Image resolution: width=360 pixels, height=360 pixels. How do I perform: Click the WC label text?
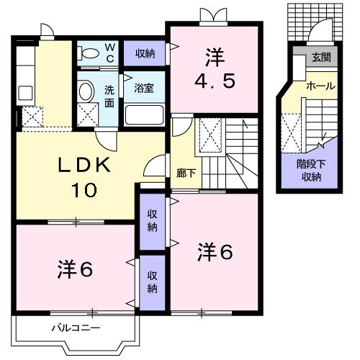coord(111,52)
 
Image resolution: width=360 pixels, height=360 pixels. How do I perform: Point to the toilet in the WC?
coord(89,53)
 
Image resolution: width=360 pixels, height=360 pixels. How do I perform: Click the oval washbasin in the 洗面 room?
coord(86,91)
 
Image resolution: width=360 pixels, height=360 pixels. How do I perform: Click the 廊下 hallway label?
coord(184,173)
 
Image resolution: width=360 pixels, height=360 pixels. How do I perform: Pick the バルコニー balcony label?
coord(75,328)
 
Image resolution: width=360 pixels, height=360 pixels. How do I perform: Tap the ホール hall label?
coord(320,86)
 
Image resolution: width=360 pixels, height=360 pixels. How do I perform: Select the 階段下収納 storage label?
coord(312,171)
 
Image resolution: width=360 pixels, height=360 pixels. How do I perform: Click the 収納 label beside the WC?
coord(144,53)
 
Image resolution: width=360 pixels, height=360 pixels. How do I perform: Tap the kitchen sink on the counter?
coord(24,93)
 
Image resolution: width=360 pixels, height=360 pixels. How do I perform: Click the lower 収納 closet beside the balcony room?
coord(152,283)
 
